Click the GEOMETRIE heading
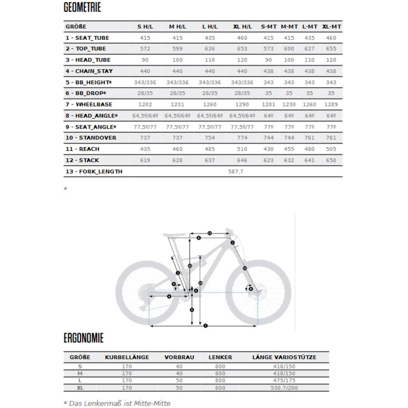click(x=82, y=8)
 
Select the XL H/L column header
click(x=242, y=27)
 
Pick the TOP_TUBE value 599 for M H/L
click(x=177, y=49)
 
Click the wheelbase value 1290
click(x=242, y=105)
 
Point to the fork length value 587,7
click(x=236, y=171)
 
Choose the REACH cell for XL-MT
click(x=331, y=149)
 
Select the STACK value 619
click(x=145, y=160)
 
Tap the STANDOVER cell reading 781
click(x=331, y=138)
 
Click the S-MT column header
click(x=269, y=27)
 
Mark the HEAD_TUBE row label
click(x=88, y=60)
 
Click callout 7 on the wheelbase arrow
click(x=206, y=326)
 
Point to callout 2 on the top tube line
click(x=199, y=238)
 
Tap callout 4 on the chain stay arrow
click(x=169, y=296)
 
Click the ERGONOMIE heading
click(x=84, y=338)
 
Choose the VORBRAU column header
click(x=179, y=357)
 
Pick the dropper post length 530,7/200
click(x=283, y=388)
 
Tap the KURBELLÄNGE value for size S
click(x=127, y=367)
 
